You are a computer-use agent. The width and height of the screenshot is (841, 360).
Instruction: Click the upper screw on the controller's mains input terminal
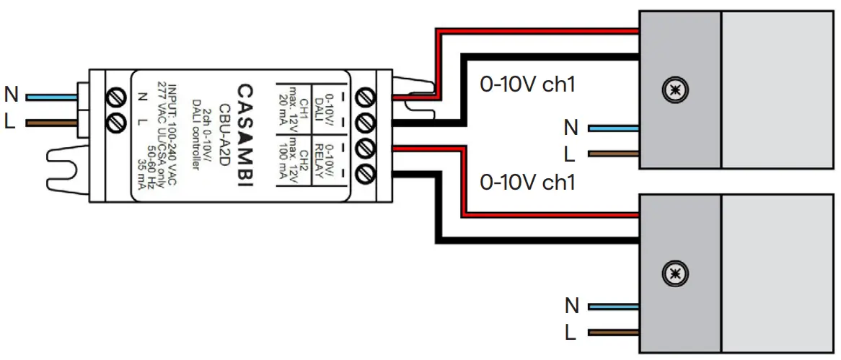point(114,97)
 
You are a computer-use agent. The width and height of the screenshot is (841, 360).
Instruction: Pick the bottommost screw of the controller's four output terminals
point(366,172)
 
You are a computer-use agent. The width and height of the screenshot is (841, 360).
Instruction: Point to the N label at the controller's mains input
point(11,95)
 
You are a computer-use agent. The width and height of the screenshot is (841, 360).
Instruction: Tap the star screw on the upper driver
point(675,89)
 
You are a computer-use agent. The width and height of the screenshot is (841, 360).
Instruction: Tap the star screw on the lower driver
point(675,272)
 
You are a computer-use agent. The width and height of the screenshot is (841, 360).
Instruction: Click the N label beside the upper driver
point(571,128)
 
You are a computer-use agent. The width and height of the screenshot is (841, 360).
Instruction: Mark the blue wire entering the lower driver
point(613,307)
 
